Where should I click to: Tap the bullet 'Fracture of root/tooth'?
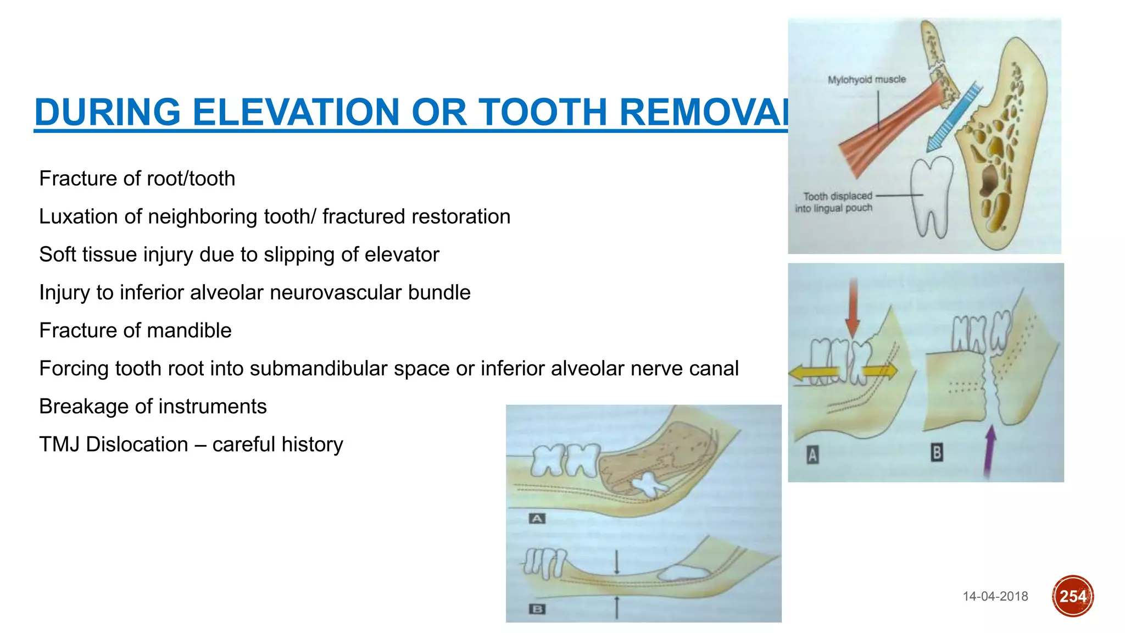click(x=137, y=179)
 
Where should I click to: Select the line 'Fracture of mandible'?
click(x=135, y=330)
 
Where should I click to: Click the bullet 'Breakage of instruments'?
click(x=153, y=406)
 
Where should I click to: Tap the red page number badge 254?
click(x=1072, y=596)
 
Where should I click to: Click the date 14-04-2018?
click(x=995, y=596)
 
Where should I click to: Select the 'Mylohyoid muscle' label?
click(x=866, y=80)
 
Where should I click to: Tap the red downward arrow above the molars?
click(x=853, y=308)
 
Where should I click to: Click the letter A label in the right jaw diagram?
click(x=812, y=455)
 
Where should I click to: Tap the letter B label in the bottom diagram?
click(x=537, y=609)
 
